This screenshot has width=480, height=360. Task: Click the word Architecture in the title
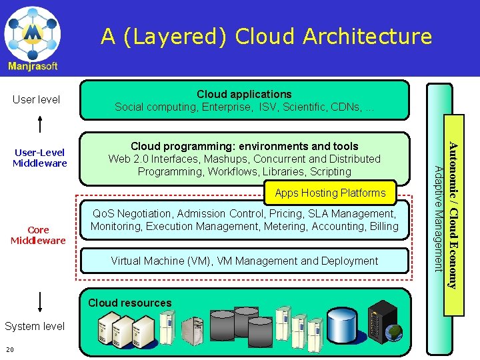(367, 36)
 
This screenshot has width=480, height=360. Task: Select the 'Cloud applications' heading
(243, 94)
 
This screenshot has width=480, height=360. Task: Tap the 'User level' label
(37, 100)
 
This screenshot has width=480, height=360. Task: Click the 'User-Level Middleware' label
(40, 158)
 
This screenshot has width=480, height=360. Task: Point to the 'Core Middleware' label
(38, 235)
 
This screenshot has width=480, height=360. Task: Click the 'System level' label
(35, 326)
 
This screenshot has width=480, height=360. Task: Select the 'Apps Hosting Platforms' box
(330, 193)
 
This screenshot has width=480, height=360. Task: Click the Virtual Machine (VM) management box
(244, 261)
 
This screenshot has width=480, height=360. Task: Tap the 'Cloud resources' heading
(130, 303)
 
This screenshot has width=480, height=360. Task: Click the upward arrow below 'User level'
(41, 124)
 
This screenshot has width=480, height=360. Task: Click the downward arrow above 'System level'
(41, 301)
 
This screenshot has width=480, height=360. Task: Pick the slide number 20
(9, 350)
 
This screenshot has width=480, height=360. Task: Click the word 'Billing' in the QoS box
(384, 227)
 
